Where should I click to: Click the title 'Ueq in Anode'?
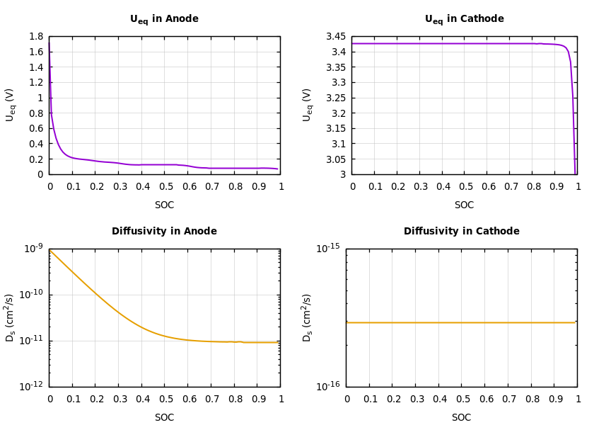point(164,20)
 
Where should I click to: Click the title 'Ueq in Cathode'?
point(464,20)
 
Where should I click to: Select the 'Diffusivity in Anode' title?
point(164,232)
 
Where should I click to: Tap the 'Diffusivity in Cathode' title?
point(461,232)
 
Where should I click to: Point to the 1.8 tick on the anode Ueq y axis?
point(35,37)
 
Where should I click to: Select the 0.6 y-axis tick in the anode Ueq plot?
point(35,129)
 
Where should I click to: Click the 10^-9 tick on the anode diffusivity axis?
point(34,249)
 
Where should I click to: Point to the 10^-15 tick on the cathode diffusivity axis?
point(328,249)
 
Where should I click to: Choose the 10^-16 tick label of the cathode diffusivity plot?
point(328,386)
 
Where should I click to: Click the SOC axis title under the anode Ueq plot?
point(164,205)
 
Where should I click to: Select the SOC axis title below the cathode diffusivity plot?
point(461,418)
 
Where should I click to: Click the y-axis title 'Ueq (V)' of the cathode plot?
point(308,105)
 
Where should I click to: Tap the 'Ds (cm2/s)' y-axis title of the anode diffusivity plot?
point(11,317)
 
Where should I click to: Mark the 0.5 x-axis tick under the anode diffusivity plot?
point(165,399)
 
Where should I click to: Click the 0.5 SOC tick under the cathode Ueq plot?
point(465,187)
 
